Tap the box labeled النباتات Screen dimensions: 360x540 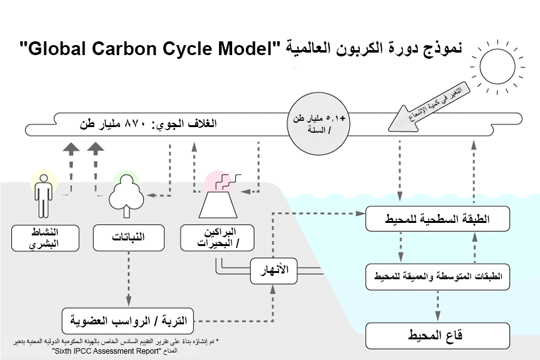click(128, 238)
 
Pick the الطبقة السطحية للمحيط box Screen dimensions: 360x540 click(437, 219)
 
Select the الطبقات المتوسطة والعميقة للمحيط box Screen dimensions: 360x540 click(437, 276)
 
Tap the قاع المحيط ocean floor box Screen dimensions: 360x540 click(437, 336)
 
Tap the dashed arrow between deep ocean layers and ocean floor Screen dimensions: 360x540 click(437, 306)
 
